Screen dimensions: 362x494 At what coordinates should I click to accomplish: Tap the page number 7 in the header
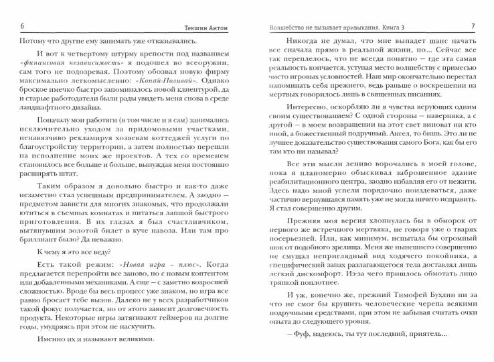[473, 26]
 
